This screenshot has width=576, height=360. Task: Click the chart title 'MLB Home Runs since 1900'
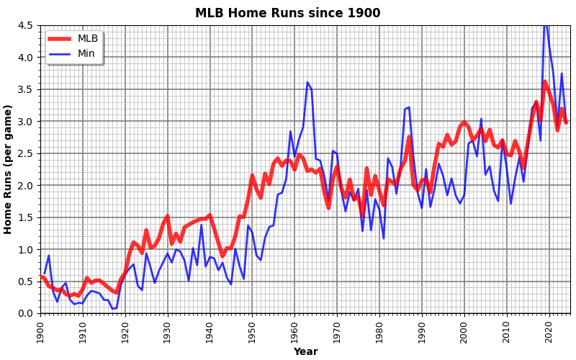287,13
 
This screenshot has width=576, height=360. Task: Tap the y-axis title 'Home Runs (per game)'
9,169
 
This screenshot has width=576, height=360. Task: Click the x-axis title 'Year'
305,352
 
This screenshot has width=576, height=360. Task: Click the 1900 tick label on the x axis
40,333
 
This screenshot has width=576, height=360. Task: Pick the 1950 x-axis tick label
252,333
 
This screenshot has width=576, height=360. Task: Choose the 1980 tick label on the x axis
379,333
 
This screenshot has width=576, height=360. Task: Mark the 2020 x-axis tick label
549,333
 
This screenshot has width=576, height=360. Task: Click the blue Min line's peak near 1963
307,82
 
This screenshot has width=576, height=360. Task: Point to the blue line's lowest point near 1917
112,309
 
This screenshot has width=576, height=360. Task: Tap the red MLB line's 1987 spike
409,136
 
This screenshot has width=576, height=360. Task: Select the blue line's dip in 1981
384,238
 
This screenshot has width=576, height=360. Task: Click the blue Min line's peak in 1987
409,108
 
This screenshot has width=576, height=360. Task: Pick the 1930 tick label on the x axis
168,333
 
